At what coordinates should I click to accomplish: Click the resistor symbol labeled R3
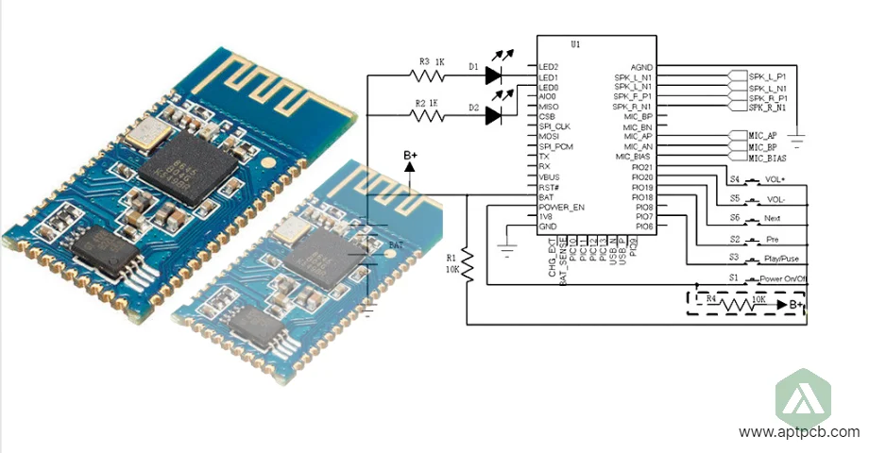[432, 73]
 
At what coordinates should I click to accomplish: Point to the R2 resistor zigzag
[432, 116]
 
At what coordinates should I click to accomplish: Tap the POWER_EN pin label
[561, 207]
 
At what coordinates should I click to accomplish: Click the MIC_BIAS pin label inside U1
[634, 157]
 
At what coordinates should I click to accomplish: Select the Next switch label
[771, 219]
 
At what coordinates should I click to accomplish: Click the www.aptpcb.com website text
[799, 431]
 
